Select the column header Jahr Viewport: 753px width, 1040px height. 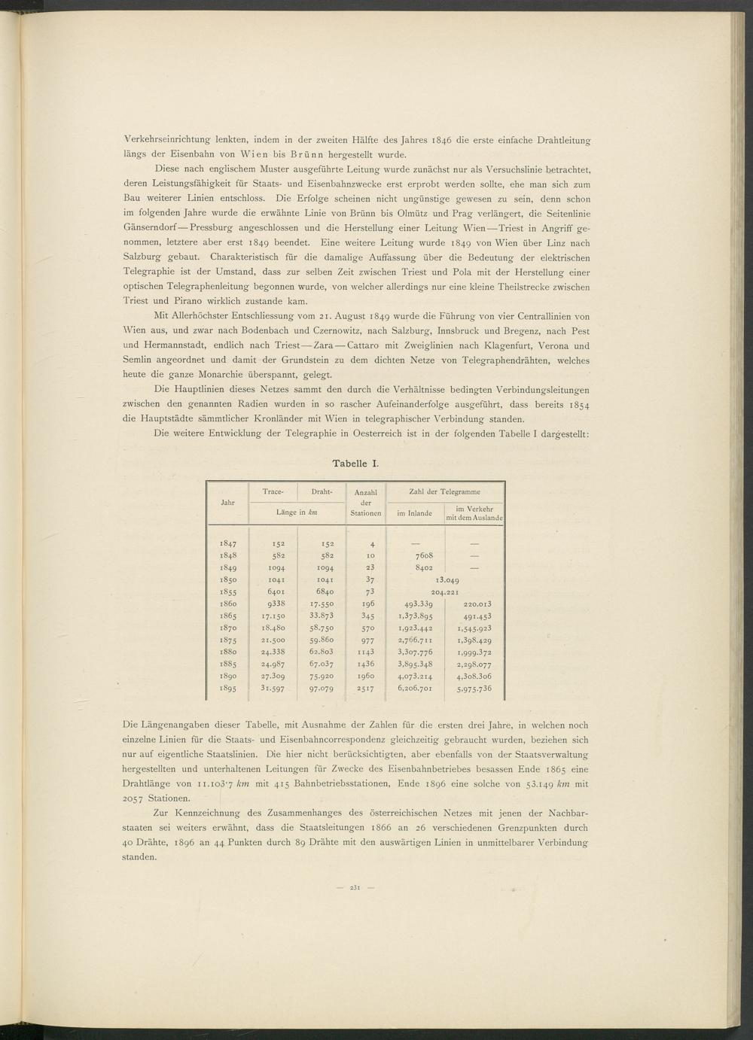(227, 502)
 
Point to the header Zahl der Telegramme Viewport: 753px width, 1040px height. (444, 491)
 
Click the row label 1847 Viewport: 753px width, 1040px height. (228, 543)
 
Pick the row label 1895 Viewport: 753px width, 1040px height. (228, 689)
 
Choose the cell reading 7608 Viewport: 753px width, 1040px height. (415, 555)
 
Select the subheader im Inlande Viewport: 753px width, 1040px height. (414, 514)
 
